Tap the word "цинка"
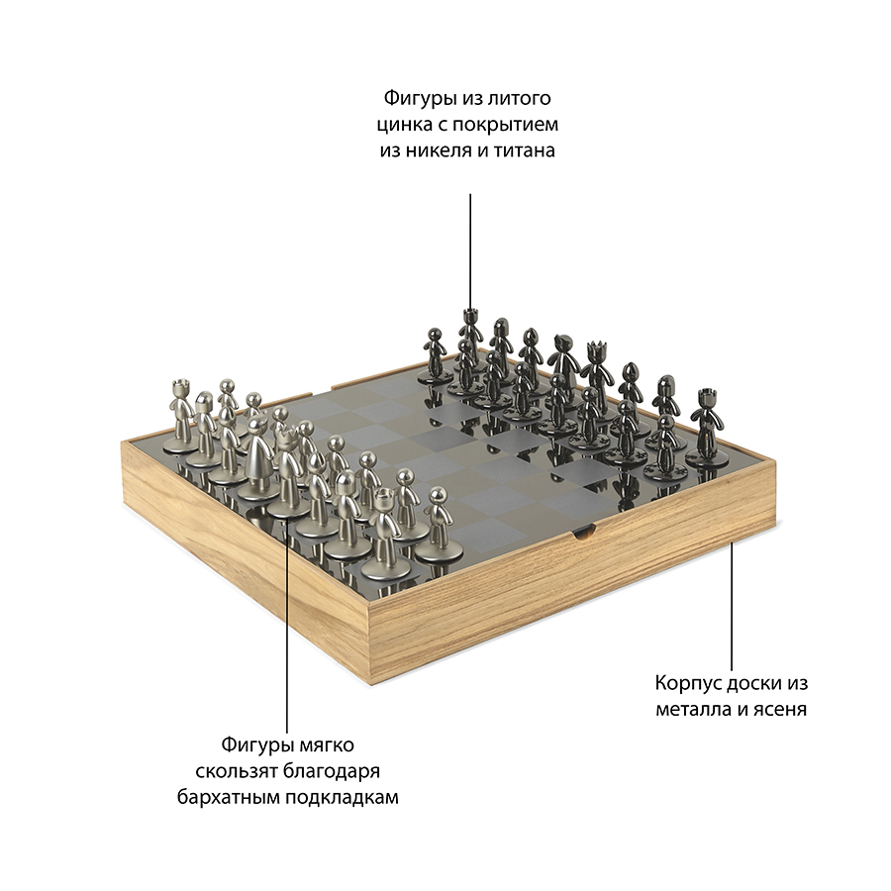tap(405, 125)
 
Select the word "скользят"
tap(236, 771)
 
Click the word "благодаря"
tap(332, 771)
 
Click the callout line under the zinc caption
tap(470, 251)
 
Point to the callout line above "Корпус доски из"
tap(732, 607)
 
